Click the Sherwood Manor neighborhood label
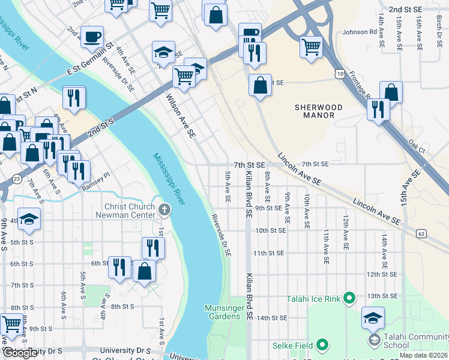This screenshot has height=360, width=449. pos(318,112)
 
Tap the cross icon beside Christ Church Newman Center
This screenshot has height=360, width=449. pos(165,210)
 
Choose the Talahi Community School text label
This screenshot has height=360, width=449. pos(404,341)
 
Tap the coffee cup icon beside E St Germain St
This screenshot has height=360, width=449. pos(92,37)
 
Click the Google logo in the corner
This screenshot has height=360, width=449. pos(20,353)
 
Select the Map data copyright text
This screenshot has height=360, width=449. pos(423,355)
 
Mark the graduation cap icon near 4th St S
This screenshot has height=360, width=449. pos(28,219)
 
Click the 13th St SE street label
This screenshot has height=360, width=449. pos(383,296)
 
